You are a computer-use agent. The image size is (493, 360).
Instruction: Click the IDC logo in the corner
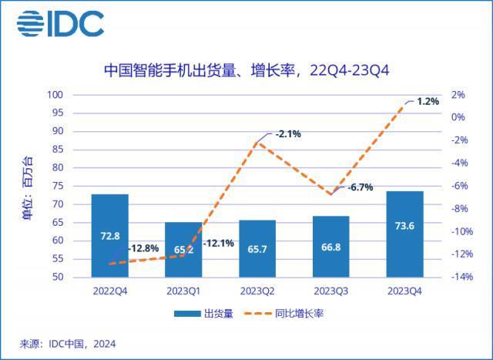60,25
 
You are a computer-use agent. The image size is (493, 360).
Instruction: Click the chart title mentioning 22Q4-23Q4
246,71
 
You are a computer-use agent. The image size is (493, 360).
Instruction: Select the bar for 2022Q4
109,235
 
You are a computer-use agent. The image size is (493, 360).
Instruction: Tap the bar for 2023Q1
183,249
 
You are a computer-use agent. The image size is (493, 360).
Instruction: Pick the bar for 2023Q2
257,248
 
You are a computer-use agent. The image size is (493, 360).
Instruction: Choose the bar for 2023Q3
331,247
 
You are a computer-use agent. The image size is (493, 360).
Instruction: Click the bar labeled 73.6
405,234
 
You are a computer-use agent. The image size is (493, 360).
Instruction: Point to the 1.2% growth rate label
428,101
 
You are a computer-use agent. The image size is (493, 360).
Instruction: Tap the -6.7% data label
360,187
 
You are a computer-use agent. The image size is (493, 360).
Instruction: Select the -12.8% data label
143,248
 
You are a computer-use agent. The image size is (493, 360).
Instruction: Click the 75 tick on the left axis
58,186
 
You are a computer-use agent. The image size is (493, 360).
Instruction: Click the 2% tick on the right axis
458,95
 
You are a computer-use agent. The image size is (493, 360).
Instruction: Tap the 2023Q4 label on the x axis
405,291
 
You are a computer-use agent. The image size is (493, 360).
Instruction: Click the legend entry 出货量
204,314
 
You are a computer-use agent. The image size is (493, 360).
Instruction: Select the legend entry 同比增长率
285,314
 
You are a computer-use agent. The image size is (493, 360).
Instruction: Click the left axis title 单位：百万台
29,187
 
